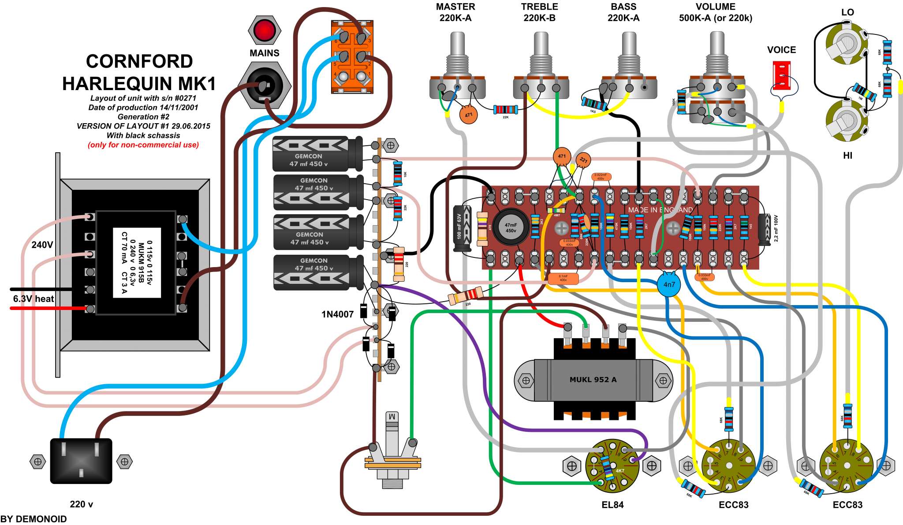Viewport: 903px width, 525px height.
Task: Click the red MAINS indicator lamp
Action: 265,30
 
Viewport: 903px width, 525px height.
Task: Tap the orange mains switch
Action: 352,57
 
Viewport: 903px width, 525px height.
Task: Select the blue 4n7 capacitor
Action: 669,284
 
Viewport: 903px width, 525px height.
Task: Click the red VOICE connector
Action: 781,75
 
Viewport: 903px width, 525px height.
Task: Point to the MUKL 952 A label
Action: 593,380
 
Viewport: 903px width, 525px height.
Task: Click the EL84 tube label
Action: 612,505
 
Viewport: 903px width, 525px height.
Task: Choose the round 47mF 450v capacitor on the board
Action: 511,228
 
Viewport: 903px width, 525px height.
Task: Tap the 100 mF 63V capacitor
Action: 462,228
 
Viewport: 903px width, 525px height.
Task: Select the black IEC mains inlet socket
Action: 81,460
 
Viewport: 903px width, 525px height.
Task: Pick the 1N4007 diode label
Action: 337,314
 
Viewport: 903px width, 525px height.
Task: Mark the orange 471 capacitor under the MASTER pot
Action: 468,115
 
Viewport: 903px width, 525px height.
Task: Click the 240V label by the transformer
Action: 42,245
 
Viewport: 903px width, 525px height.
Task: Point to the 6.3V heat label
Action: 34,299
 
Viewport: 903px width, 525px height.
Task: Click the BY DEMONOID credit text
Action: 34,519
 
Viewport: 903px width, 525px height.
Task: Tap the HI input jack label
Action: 847,155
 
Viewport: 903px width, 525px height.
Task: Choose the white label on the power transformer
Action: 137,263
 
